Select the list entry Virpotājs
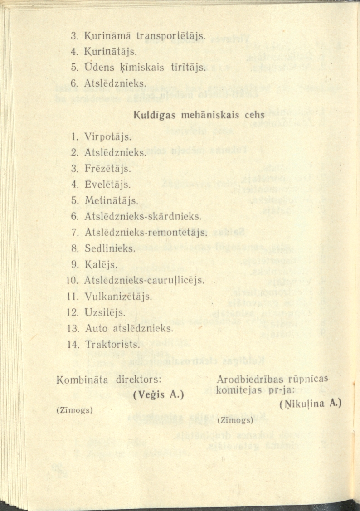tap(108, 136)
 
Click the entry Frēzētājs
tap(108, 169)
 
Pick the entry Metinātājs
tap(111, 200)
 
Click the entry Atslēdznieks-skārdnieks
tap(142, 217)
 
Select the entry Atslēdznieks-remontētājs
tap(146, 233)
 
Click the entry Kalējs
tap(101, 264)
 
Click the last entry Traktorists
tap(112, 345)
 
